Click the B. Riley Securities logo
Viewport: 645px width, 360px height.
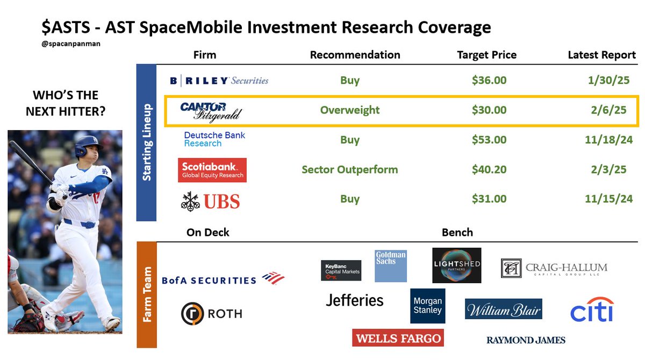point(219,81)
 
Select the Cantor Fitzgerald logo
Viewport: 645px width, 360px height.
point(211,111)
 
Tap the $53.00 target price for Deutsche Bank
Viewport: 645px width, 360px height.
point(489,140)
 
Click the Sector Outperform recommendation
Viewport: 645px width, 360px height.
point(350,170)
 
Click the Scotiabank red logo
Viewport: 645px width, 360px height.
point(212,170)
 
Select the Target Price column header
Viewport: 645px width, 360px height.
point(486,55)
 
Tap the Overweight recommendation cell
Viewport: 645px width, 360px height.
point(350,110)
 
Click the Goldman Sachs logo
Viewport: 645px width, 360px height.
point(390,265)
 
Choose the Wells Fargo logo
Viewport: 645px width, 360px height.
point(398,338)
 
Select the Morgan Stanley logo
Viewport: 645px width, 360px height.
point(427,306)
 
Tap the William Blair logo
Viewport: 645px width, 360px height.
point(503,309)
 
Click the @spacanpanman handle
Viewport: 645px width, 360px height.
point(71,44)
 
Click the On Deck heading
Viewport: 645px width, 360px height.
point(207,232)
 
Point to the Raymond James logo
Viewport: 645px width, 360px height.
point(526,340)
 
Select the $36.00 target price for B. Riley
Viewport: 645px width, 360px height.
point(489,81)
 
